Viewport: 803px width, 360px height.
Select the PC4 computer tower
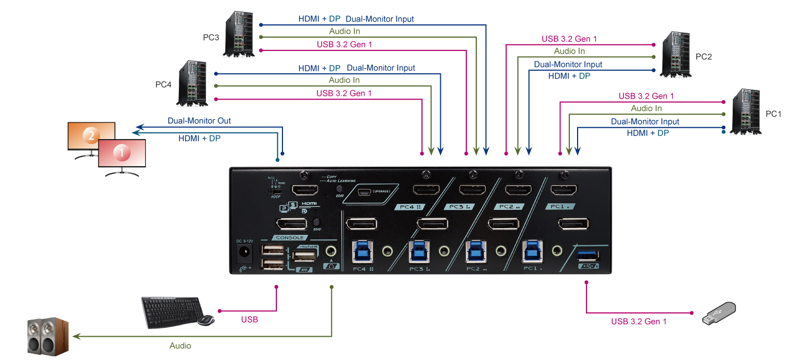[193, 84]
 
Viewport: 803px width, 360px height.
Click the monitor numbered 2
[89, 136]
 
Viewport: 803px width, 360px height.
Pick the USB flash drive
[718, 313]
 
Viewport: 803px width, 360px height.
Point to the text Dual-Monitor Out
[199, 121]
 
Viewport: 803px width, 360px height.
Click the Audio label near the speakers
[180, 346]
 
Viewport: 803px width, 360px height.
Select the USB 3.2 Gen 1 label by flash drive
[639, 321]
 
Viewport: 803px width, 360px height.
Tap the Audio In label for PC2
[569, 51]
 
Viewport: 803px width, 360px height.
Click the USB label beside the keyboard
[249, 320]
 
